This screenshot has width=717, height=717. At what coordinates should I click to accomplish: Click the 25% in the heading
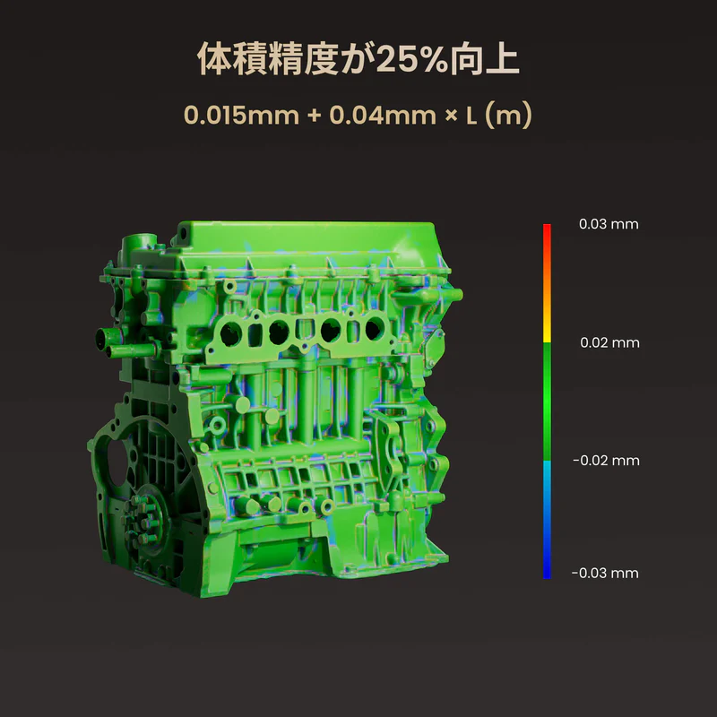coord(411,59)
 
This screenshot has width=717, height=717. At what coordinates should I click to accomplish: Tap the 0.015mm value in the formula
coord(241,116)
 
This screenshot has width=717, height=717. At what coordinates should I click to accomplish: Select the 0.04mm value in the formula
coord(383,116)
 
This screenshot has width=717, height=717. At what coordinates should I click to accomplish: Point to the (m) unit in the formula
coord(508,116)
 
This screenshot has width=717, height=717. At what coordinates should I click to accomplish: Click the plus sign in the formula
coord(315,116)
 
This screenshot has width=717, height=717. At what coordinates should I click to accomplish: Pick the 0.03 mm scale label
coord(609,224)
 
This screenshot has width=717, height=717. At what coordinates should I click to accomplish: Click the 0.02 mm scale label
coord(609,342)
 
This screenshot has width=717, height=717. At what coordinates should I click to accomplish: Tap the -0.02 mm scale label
coord(607,461)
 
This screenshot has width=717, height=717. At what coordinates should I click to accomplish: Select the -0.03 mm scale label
coord(605,573)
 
